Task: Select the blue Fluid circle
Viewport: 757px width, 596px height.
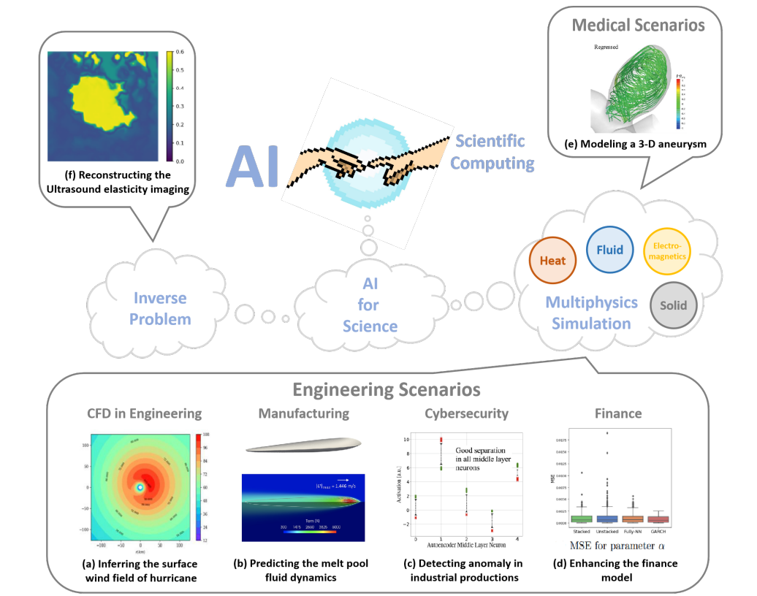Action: click(x=609, y=250)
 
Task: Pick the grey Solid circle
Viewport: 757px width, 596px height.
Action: click(x=673, y=305)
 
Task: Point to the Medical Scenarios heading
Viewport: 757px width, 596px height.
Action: click(x=638, y=26)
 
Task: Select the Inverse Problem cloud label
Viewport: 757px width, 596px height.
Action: click(x=160, y=308)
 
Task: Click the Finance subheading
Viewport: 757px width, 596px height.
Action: click(x=618, y=413)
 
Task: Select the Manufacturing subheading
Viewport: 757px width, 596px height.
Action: click(x=303, y=413)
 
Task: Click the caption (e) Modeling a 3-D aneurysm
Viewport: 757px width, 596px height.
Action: click(x=636, y=143)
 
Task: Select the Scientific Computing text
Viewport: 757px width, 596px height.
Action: click(x=492, y=152)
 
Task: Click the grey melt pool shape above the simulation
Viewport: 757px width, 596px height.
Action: click(x=303, y=446)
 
